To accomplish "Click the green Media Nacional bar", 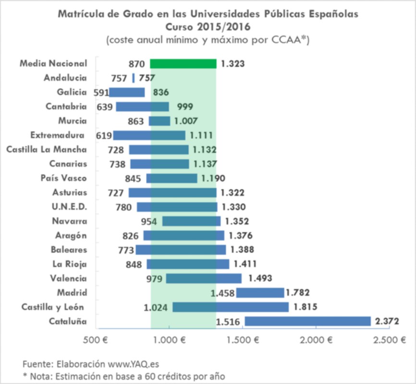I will coord(183,63).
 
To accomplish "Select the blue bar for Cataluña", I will coord(307,321).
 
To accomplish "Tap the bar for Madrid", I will coord(259,292).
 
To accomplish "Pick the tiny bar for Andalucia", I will coord(133,78).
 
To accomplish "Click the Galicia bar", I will coord(127,92).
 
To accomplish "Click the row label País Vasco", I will coord(64,178).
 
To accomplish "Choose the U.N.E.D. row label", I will coord(70,207).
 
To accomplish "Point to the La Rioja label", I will coord(70,264).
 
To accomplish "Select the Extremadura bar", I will coord(149,135).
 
